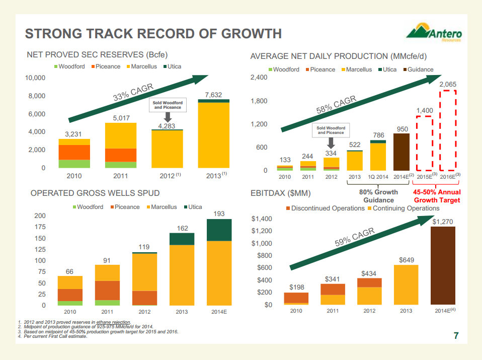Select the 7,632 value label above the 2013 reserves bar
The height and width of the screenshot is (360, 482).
tap(214, 95)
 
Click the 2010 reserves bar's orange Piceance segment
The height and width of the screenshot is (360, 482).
tap(74, 152)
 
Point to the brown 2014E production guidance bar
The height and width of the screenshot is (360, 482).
tap(401, 152)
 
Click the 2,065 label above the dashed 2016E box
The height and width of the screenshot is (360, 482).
tap(448, 85)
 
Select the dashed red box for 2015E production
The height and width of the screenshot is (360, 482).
tap(425, 143)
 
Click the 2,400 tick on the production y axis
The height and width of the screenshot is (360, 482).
tap(259, 78)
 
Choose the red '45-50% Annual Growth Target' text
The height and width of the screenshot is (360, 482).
tap(437, 196)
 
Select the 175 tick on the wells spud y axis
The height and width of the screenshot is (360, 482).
tap(39, 227)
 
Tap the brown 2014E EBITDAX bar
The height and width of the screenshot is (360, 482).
tap(443, 265)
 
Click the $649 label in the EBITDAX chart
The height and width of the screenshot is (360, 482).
tap(407, 260)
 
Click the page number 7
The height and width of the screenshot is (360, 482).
tap(456, 336)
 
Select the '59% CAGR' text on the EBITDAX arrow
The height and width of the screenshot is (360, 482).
tap(355, 237)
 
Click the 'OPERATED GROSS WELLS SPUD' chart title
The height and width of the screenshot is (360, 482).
tap(95, 193)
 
